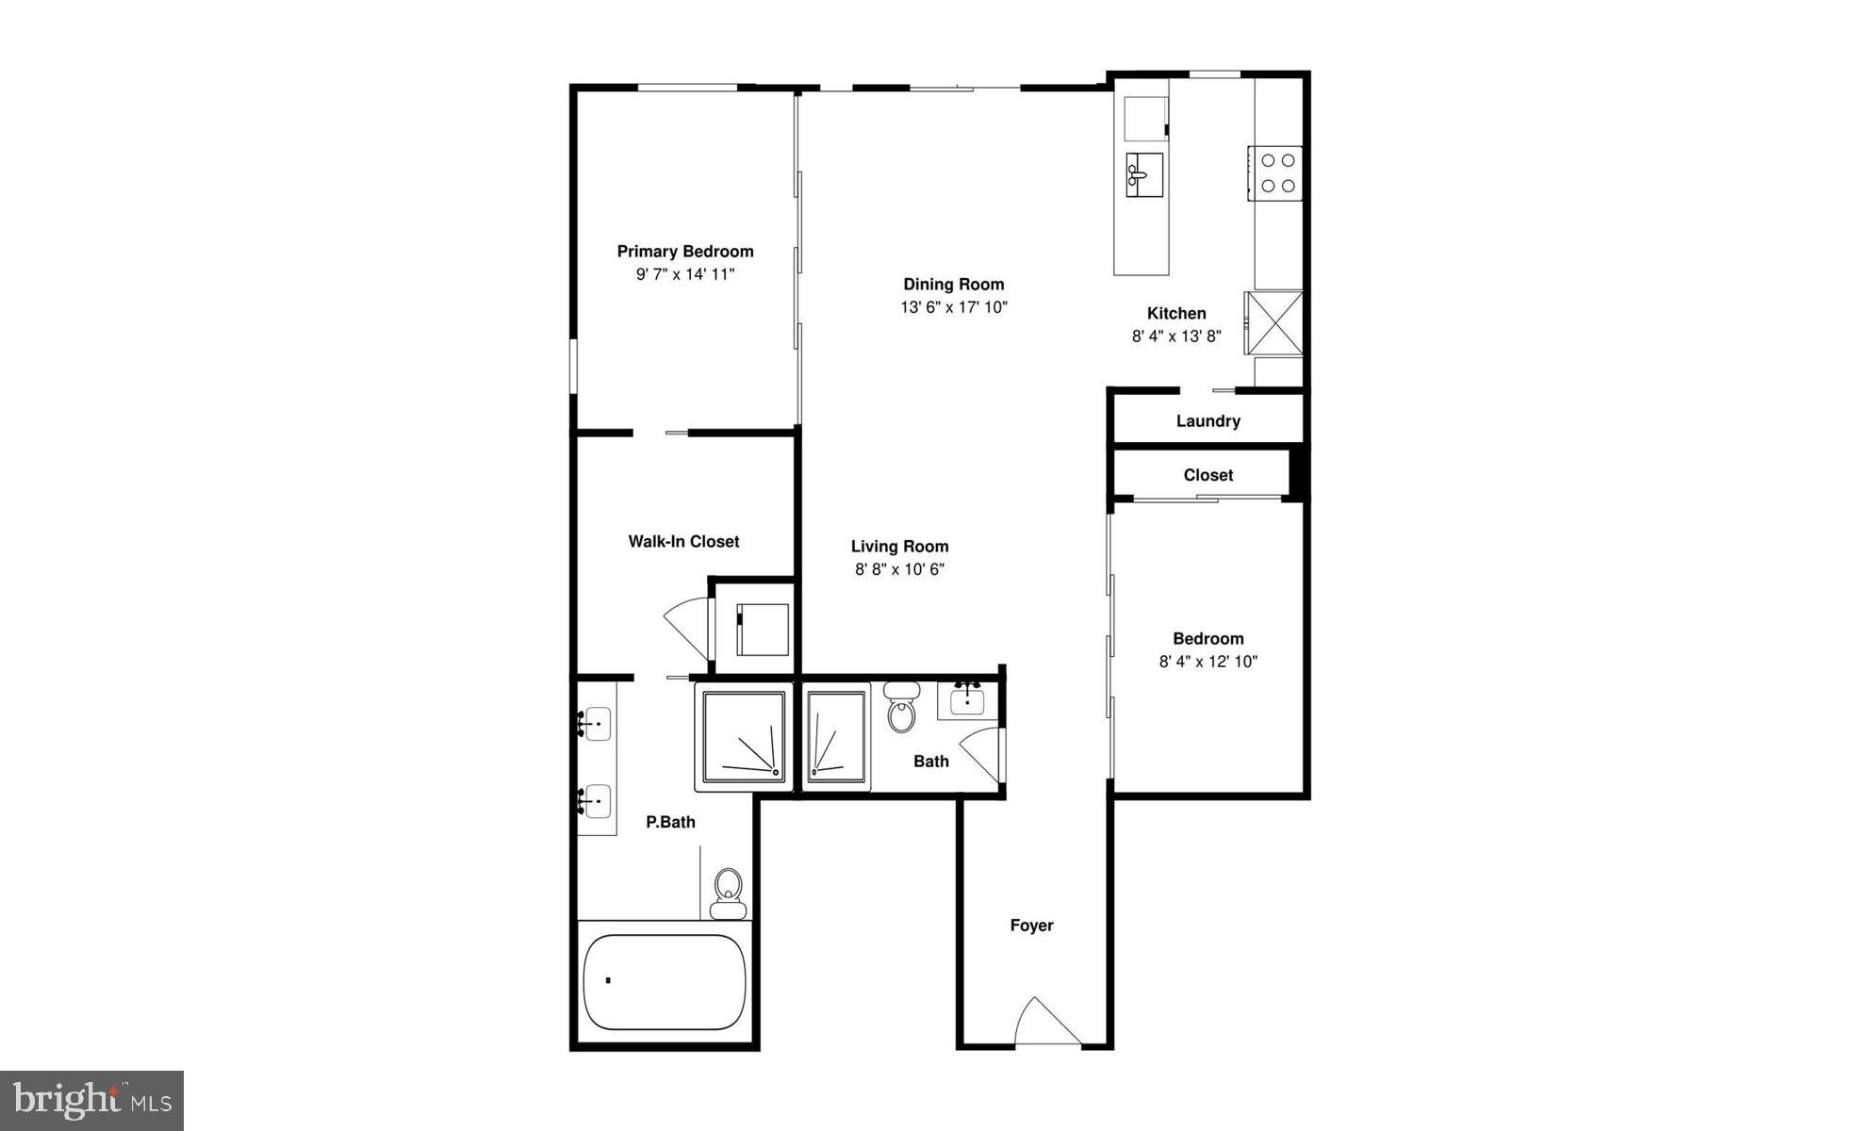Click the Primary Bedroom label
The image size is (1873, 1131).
[x=685, y=252]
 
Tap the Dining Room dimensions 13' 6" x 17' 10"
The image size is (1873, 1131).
[x=954, y=307]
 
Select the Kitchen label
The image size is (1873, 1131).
[x=1176, y=314]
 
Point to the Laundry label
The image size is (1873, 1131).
[x=1208, y=421]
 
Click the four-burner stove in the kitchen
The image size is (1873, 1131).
[x=1276, y=173]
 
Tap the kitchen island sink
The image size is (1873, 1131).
[x=1144, y=174]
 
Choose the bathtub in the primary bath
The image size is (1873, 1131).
[x=665, y=982]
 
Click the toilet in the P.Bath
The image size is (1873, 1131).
[x=728, y=893]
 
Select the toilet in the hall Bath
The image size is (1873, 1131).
[x=902, y=707]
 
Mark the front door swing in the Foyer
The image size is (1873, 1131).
[x=1047, y=1021]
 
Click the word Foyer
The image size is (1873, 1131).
[x=1031, y=926]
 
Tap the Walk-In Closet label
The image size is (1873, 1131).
[x=683, y=542]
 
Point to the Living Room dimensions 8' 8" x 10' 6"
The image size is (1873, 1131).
[x=899, y=569]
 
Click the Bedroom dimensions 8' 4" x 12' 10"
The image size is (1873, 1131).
[x=1208, y=662]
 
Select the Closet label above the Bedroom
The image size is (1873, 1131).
[x=1208, y=475]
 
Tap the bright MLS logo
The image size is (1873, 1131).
[x=91, y=1100]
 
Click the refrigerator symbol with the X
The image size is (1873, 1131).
[x=1273, y=323]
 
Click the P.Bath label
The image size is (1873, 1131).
[x=670, y=823]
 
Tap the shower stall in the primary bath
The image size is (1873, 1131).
[x=741, y=737]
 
